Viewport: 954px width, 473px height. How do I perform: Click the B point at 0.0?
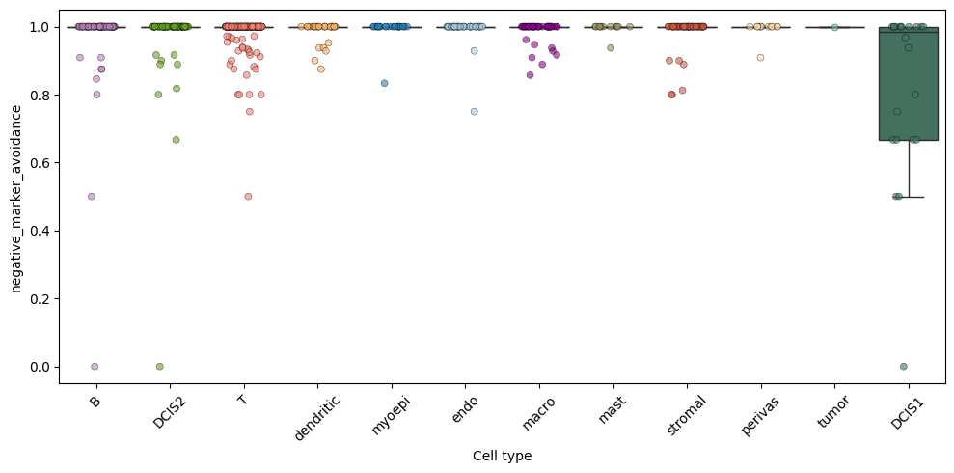[x=95, y=367]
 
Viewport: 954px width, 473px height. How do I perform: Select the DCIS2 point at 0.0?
[x=159, y=367]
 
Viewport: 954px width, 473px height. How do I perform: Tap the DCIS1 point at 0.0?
[x=904, y=367]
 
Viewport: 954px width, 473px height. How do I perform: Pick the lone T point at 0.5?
[x=248, y=197]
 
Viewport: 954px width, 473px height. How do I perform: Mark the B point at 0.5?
[x=92, y=197]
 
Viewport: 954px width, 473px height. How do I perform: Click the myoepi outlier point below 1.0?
[x=385, y=83]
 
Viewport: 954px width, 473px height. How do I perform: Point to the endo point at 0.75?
[x=474, y=111]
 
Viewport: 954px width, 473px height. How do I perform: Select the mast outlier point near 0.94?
[x=611, y=48]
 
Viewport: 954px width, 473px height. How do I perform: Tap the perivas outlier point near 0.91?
[x=760, y=58]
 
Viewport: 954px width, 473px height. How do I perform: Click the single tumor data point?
[x=834, y=27]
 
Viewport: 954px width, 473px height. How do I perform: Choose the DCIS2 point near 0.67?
[x=176, y=140]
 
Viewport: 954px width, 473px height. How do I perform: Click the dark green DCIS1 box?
[x=909, y=84]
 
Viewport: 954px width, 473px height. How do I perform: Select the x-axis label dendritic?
[x=315, y=418]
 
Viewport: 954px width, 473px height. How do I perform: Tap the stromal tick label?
[x=686, y=416]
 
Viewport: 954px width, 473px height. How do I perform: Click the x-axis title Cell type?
[x=502, y=456]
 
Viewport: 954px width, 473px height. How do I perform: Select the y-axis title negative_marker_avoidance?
[x=16, y=199]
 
